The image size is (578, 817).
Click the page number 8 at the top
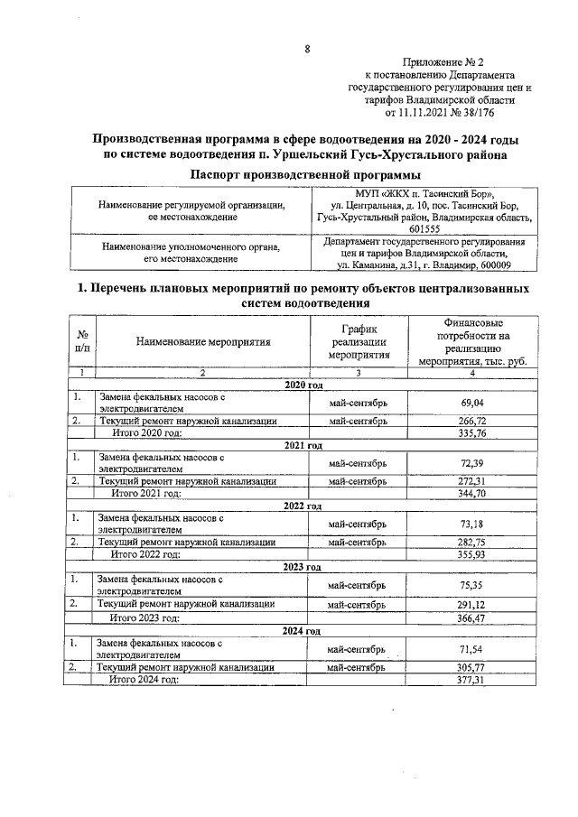(x=307, y=50)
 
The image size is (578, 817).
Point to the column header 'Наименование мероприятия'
(x=204, y=342)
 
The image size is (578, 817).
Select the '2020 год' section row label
(x=303, y=385)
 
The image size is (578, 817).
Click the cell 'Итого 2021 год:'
(x=146, y=494)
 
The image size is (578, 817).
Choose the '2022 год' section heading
(x=303, y=506)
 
